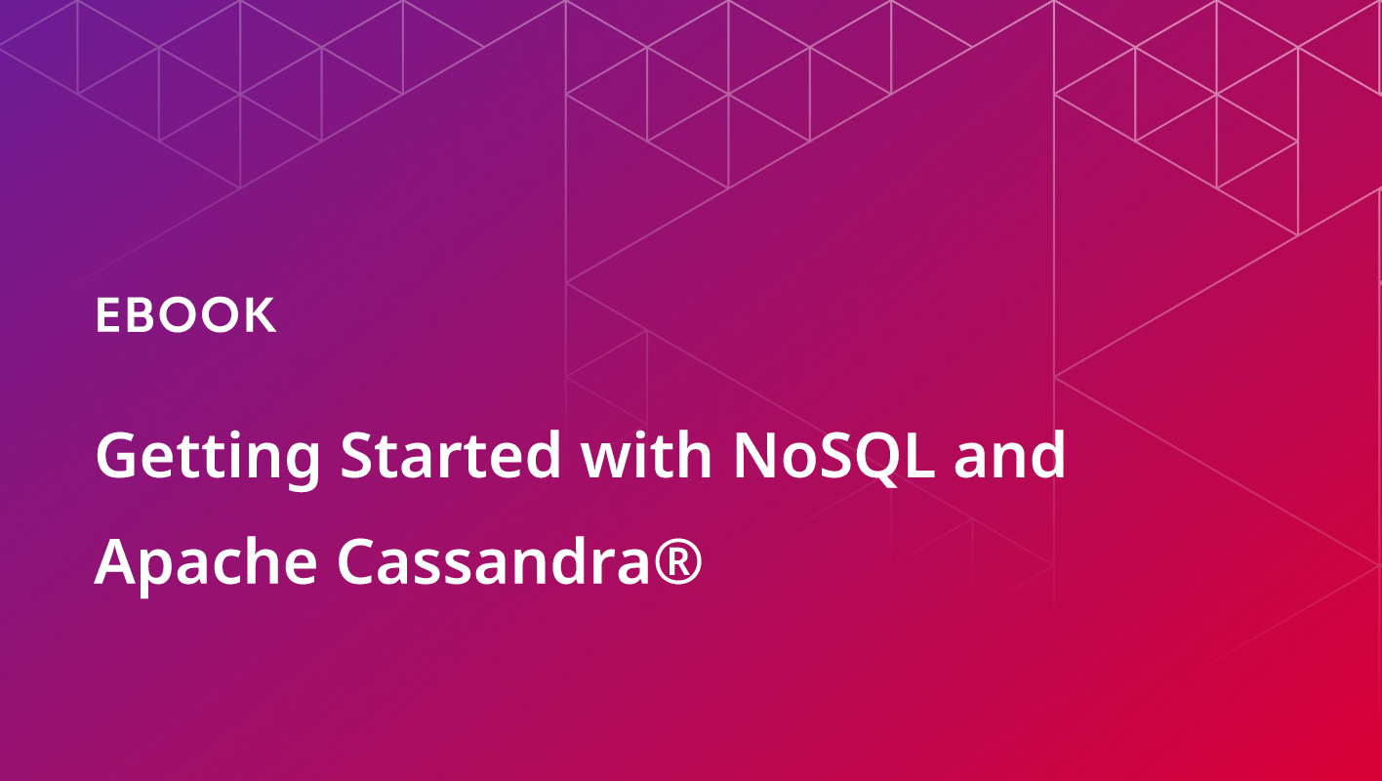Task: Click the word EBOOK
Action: (x=185, y=315)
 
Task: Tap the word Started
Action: (x=450, y=455)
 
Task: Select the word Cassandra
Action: (x=493, y=560)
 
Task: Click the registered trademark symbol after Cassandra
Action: (x=678, y=560)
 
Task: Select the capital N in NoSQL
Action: (x=755, y=454)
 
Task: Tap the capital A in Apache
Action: (x=119, y=561)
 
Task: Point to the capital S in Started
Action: (x=358, y=454)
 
